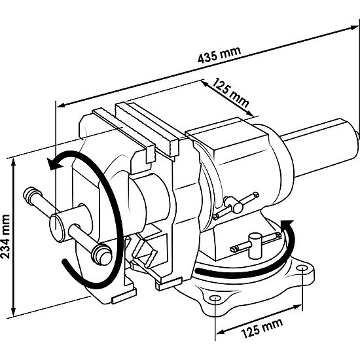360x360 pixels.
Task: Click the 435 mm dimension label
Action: click(219, 54)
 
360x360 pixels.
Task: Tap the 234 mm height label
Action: click(5, 236)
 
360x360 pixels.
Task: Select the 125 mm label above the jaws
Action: click(230, 93)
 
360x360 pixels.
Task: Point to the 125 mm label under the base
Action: click(262, 329)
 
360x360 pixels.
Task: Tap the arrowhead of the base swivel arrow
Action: click(286, 225)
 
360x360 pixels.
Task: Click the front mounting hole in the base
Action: click(215, 298)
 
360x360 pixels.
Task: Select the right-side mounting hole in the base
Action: click(302, 268)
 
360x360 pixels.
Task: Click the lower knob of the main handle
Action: click(101, 255)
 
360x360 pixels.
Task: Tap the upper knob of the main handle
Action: click(31, 195)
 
